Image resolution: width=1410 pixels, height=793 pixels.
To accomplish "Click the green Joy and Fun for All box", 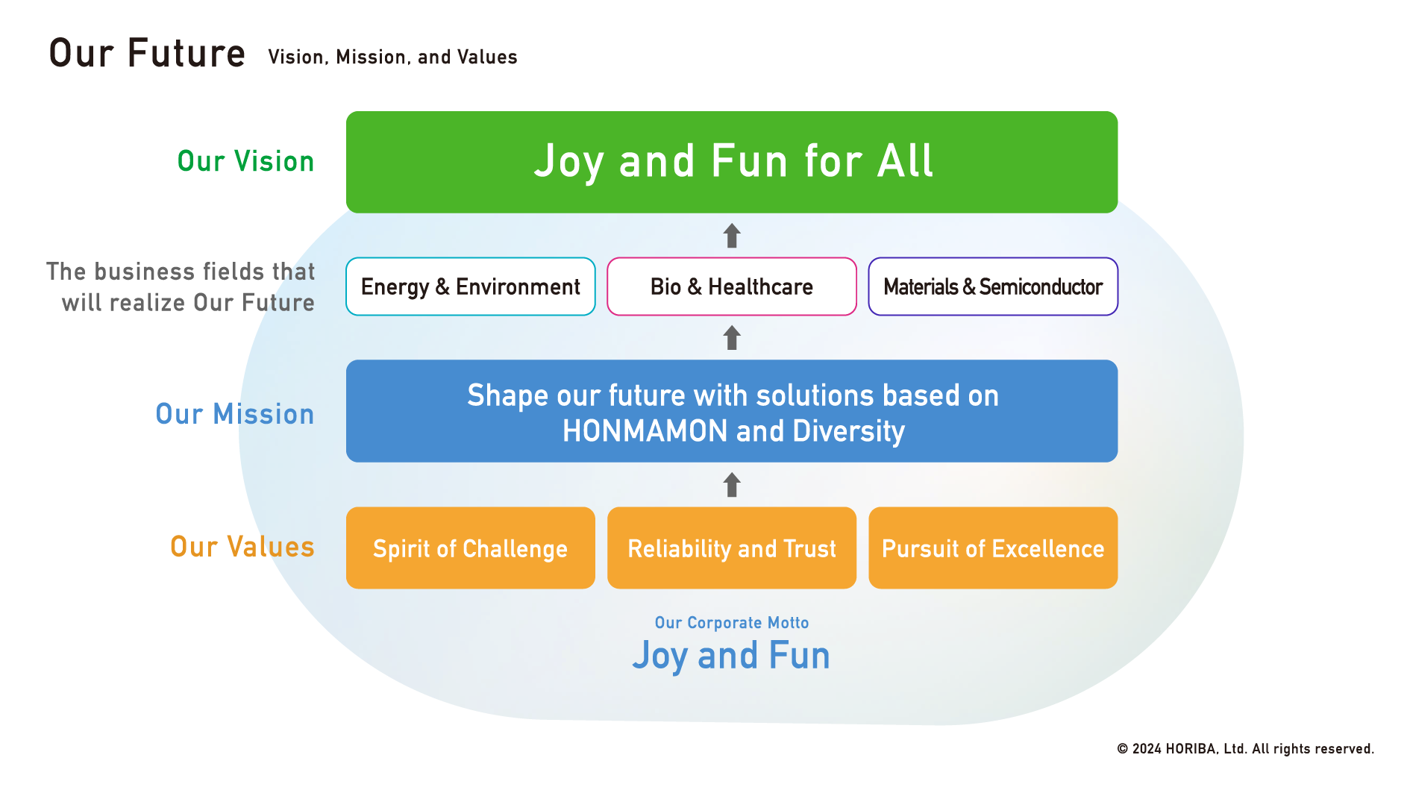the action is [732, 162].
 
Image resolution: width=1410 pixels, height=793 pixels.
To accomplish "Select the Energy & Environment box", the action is [471, 286].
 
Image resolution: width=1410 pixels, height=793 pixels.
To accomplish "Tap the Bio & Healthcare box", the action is [732, 286].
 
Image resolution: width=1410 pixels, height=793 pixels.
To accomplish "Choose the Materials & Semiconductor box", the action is [993, 286].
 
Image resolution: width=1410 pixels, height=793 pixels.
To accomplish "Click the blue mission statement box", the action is [732, 411].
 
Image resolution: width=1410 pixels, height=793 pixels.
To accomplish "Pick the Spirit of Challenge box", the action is [471, 548].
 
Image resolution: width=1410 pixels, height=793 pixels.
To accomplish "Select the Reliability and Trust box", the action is [732, 548].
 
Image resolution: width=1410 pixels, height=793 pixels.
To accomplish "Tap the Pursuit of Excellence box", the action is [993, 548].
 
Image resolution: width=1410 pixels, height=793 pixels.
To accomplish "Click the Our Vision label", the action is [245, 161].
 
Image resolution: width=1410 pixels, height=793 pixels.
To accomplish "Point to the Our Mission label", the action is [235, 414].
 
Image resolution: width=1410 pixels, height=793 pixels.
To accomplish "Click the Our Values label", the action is [242, 547].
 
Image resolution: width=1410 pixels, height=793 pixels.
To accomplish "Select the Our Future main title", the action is [147, 53].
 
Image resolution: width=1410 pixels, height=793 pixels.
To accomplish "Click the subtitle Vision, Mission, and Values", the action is [392, 57].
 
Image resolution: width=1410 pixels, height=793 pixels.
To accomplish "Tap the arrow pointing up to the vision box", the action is [732, 236].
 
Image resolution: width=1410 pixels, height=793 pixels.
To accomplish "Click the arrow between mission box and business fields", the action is [732, 338].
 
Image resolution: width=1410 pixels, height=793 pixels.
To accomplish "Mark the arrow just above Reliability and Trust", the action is [732, 485].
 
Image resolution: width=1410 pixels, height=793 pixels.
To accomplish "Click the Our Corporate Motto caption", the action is [732, 622].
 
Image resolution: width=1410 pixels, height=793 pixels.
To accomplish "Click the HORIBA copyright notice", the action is [1245, 748].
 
